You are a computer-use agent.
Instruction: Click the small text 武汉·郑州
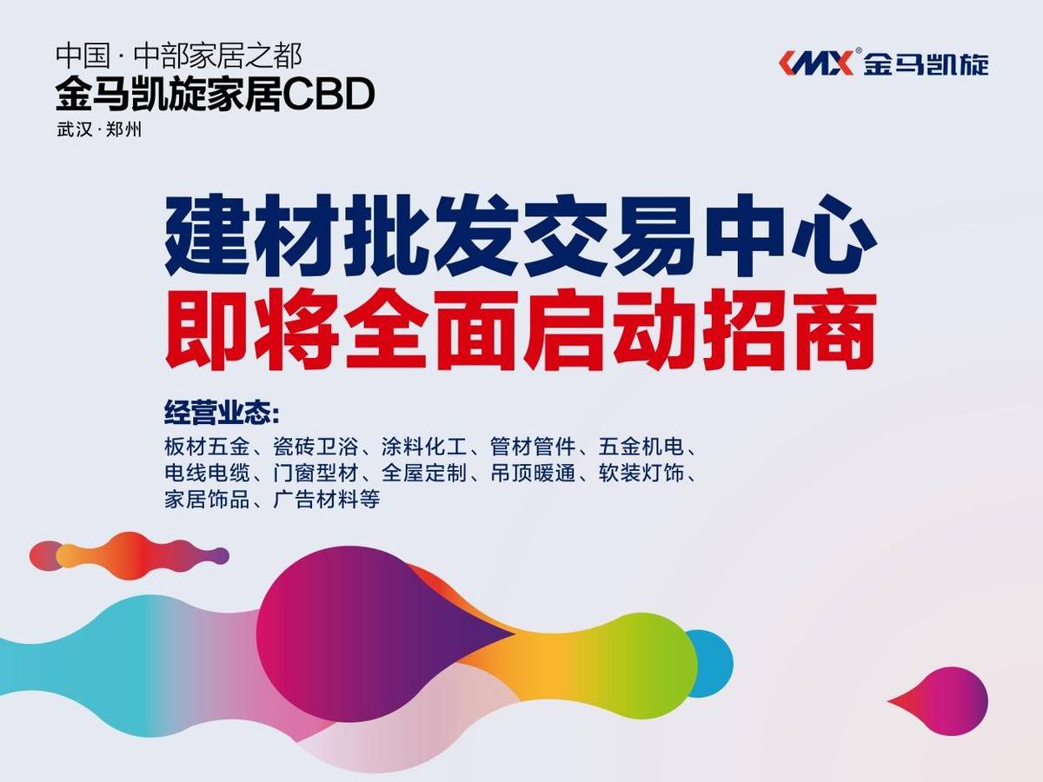pos(98,131)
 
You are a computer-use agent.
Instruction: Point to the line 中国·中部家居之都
pos(178,56)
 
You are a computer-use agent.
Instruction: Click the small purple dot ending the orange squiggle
pos(221,555)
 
